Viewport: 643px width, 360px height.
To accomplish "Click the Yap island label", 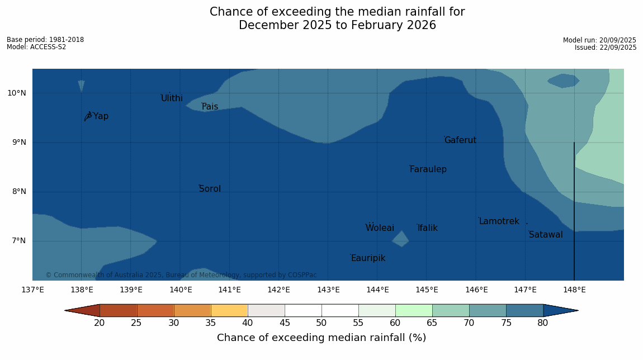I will point(101,116).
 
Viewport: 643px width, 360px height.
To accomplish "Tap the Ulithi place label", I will point(172,98).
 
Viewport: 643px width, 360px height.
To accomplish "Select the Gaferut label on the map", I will point(460,140).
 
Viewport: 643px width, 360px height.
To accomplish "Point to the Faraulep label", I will point(428,169).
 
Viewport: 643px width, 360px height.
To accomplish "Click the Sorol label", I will point(210,189).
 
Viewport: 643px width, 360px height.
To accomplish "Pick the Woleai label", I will point(380,228).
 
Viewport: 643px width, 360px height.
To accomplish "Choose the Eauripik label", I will point(368,258).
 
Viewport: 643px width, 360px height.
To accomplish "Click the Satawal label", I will point(546,235).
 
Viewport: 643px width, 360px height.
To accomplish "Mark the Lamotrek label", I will point(499,221).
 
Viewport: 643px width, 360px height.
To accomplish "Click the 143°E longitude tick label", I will point(328,290).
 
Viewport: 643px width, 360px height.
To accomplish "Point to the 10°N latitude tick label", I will point(17,93).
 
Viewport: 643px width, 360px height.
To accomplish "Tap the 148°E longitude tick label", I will point(574,290).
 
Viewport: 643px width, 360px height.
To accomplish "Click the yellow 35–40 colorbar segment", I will point(229,310).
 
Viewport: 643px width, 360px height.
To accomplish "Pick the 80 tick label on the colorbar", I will point(542,323).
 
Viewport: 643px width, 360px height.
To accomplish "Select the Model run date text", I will point(599,40).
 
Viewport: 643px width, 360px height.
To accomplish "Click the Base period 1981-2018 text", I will point(45,40).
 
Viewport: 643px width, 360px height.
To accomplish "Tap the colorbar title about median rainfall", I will point(321,338).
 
